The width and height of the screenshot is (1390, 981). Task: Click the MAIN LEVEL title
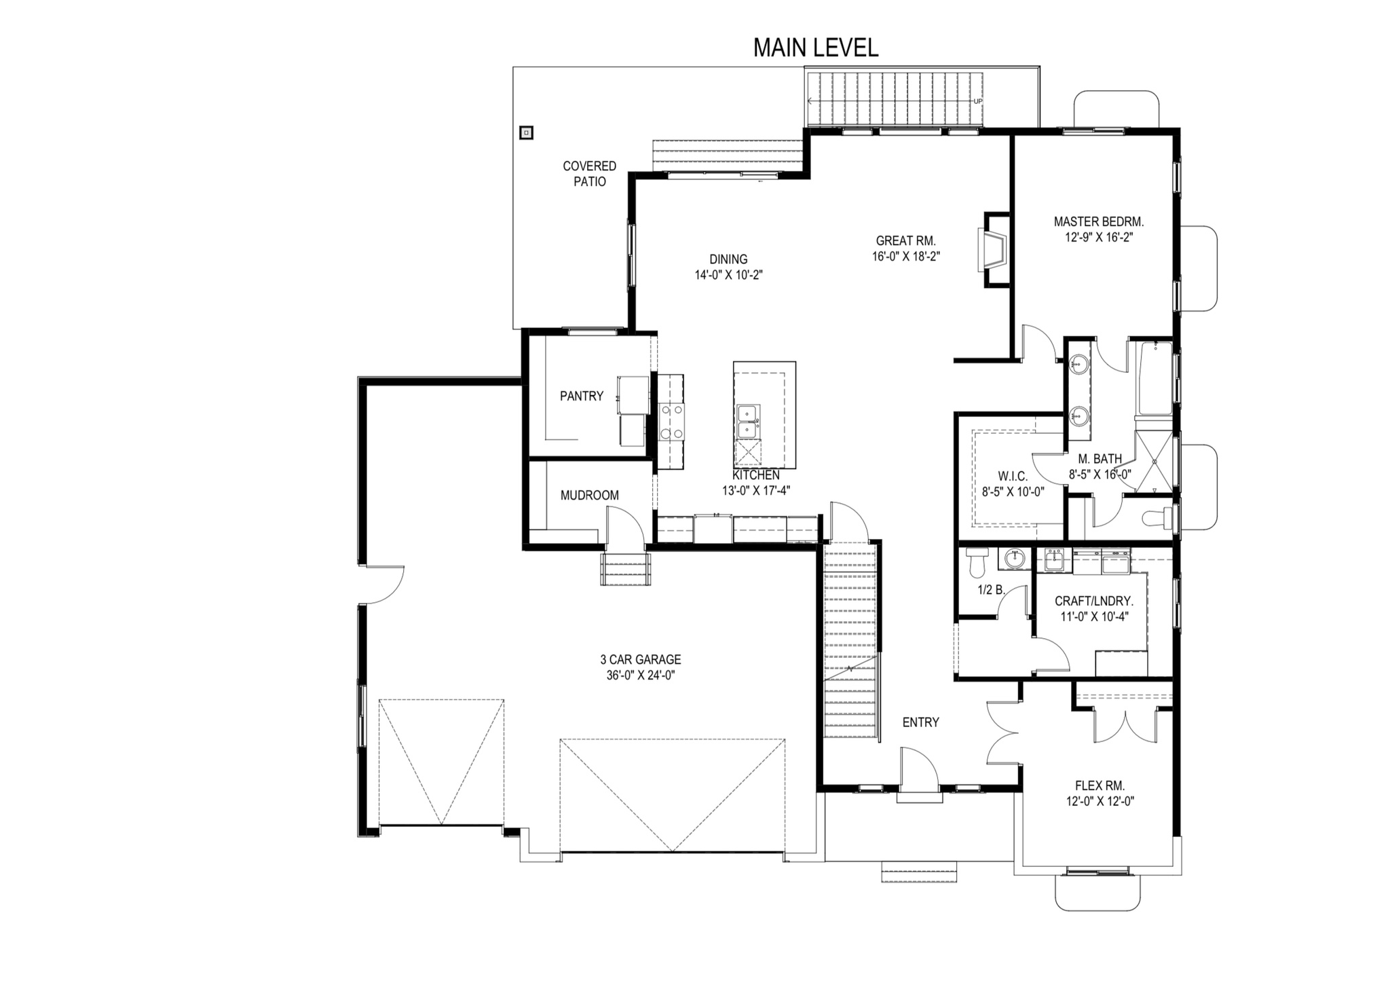(816, 48)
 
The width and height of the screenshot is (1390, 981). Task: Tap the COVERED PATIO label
(590, 174)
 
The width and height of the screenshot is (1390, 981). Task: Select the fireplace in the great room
(993, 251)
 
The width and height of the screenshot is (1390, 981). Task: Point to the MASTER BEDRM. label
(1099, 221)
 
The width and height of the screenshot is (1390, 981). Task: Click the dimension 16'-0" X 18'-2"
(906, 257)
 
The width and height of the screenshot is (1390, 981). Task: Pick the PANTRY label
(582, 396)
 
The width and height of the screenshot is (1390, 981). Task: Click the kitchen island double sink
(749, 422)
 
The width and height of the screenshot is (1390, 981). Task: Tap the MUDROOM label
(590, 496)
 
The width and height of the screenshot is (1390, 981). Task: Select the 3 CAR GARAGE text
(641, 659)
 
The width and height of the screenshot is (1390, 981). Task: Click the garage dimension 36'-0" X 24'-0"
(641, 675)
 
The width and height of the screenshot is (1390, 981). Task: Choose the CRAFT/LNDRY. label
(1094, 601)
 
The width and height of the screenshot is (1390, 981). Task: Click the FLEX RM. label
(1100, 785)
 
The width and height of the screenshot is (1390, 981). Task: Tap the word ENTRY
(921, 722)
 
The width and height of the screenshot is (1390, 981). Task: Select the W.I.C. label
(1013, 477)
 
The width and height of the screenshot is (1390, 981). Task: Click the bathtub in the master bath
(1154, 378)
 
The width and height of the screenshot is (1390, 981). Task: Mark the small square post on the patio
(526, 133)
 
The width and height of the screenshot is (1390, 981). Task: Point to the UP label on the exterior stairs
(978, 102)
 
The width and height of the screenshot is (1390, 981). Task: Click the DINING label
(729, 259)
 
